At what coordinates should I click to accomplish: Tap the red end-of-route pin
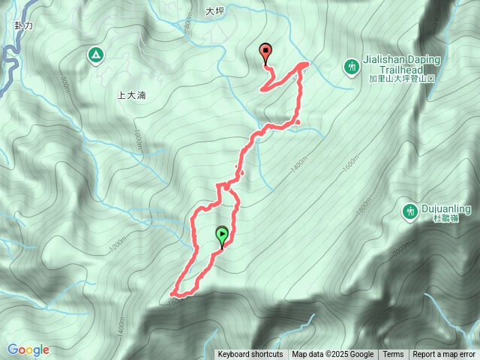pyautogui.click(x=265, y=52)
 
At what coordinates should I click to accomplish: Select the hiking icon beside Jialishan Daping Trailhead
pyautogui.click(x=352, y=67)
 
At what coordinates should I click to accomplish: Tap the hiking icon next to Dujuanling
pyautogui.click(x=409, y=212)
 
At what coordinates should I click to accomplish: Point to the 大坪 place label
pyautogui.click(x=214, y=12)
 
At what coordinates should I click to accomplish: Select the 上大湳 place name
pyautogui.click(x=131, y=96)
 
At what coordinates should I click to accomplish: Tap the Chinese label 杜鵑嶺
pyautogui.click(x=446, y=219)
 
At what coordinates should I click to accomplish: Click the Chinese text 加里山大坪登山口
pyautogui.click(x=401, y=77)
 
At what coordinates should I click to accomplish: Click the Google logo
pyautogui.click(x=28, y=349)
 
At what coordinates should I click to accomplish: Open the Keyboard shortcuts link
pyautogui.click(x=250, y=355)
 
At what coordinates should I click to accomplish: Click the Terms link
pyautogui.click(x=393, y=355)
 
